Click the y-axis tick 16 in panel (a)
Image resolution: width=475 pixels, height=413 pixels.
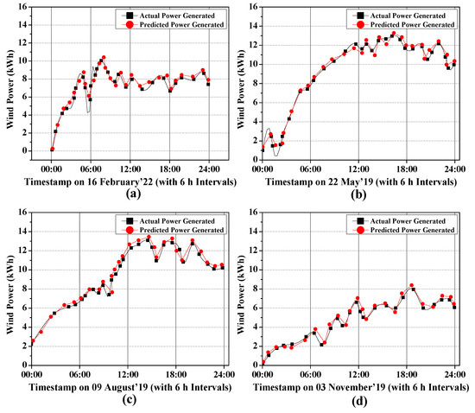click(27, 7)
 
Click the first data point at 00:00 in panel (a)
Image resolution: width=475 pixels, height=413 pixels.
click(52, 149)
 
